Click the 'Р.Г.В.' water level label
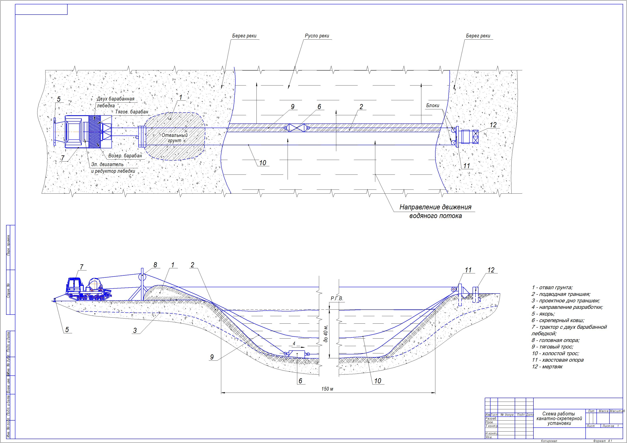click(336, 299)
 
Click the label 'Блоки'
click(433, 105)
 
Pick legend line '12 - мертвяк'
click(547, 367)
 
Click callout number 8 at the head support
click(155, 265)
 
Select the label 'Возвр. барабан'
click(125, 156)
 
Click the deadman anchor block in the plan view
click(476, 137)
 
